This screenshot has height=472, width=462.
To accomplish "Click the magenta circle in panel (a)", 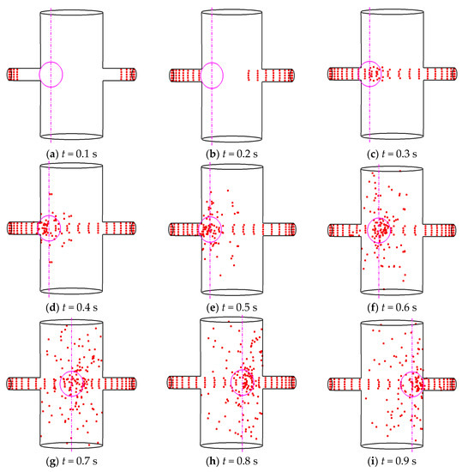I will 51,75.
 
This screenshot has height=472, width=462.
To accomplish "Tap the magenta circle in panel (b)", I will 210,75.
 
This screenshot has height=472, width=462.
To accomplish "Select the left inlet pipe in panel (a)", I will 22,75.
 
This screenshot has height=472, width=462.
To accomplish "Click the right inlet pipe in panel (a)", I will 122,75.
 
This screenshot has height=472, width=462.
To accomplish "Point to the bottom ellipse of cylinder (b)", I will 232,135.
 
